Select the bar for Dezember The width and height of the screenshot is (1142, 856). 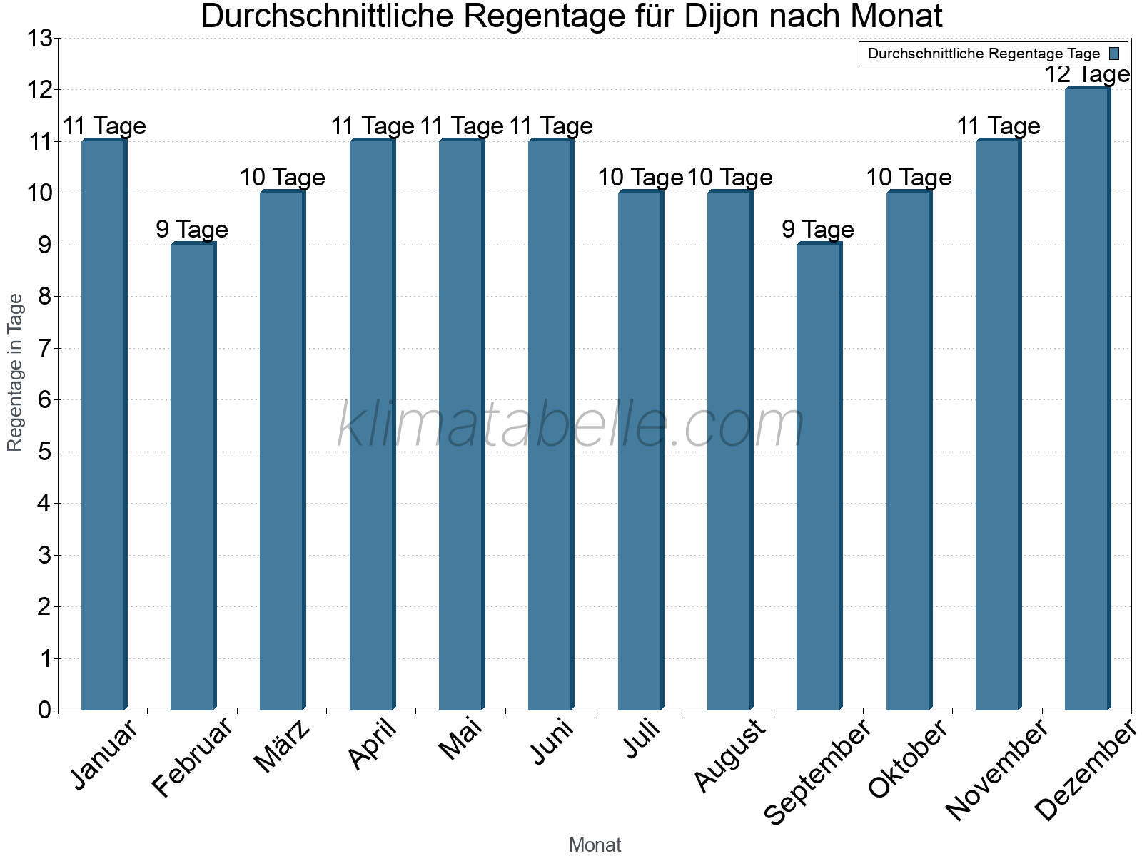click(x=1087, y=399)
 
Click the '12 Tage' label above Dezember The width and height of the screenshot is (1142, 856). click(x=1087, y=74)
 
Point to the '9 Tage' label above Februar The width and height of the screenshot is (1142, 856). click(x=192, y=229)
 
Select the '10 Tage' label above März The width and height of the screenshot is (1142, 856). click(x=282, y=177)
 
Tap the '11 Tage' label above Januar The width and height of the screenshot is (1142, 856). click(x=104, y=126)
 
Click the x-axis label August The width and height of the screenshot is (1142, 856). click(x=729, y=756)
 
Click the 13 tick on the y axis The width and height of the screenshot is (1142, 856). click(x=40, y=38)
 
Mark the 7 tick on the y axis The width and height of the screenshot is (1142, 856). click(x=45, y=348)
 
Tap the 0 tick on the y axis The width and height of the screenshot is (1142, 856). click(x=45, y=710)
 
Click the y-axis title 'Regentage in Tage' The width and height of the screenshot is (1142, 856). click(x=15, y=372)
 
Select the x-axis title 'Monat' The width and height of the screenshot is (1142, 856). click(x=595, y=845)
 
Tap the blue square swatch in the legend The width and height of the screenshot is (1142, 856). click(x=1114, y=53)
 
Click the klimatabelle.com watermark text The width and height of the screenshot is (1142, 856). click(x=571, y=425)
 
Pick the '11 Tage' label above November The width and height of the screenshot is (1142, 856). click(x=998, y=126)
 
